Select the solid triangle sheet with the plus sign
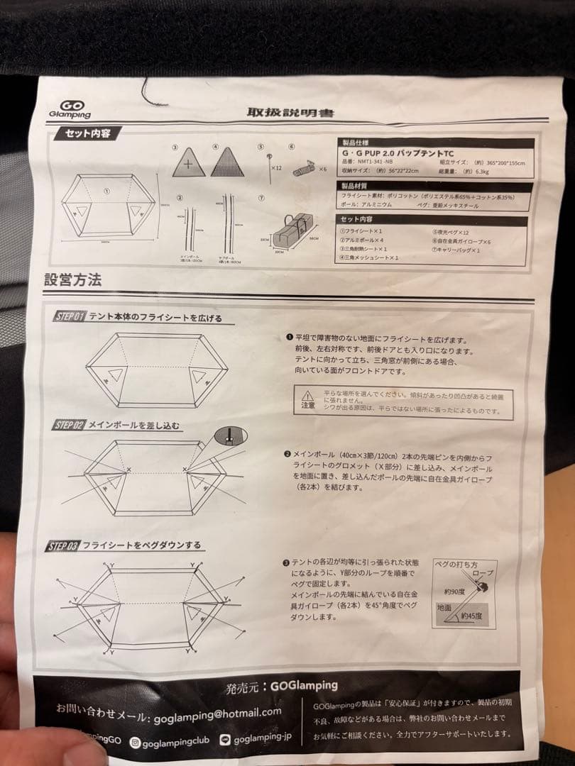[188, 163]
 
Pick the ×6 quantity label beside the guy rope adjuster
[322, 170]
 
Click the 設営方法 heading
[72, 279]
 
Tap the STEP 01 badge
[70, 316]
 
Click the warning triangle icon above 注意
[306, 395]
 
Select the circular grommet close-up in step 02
[229, 435]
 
